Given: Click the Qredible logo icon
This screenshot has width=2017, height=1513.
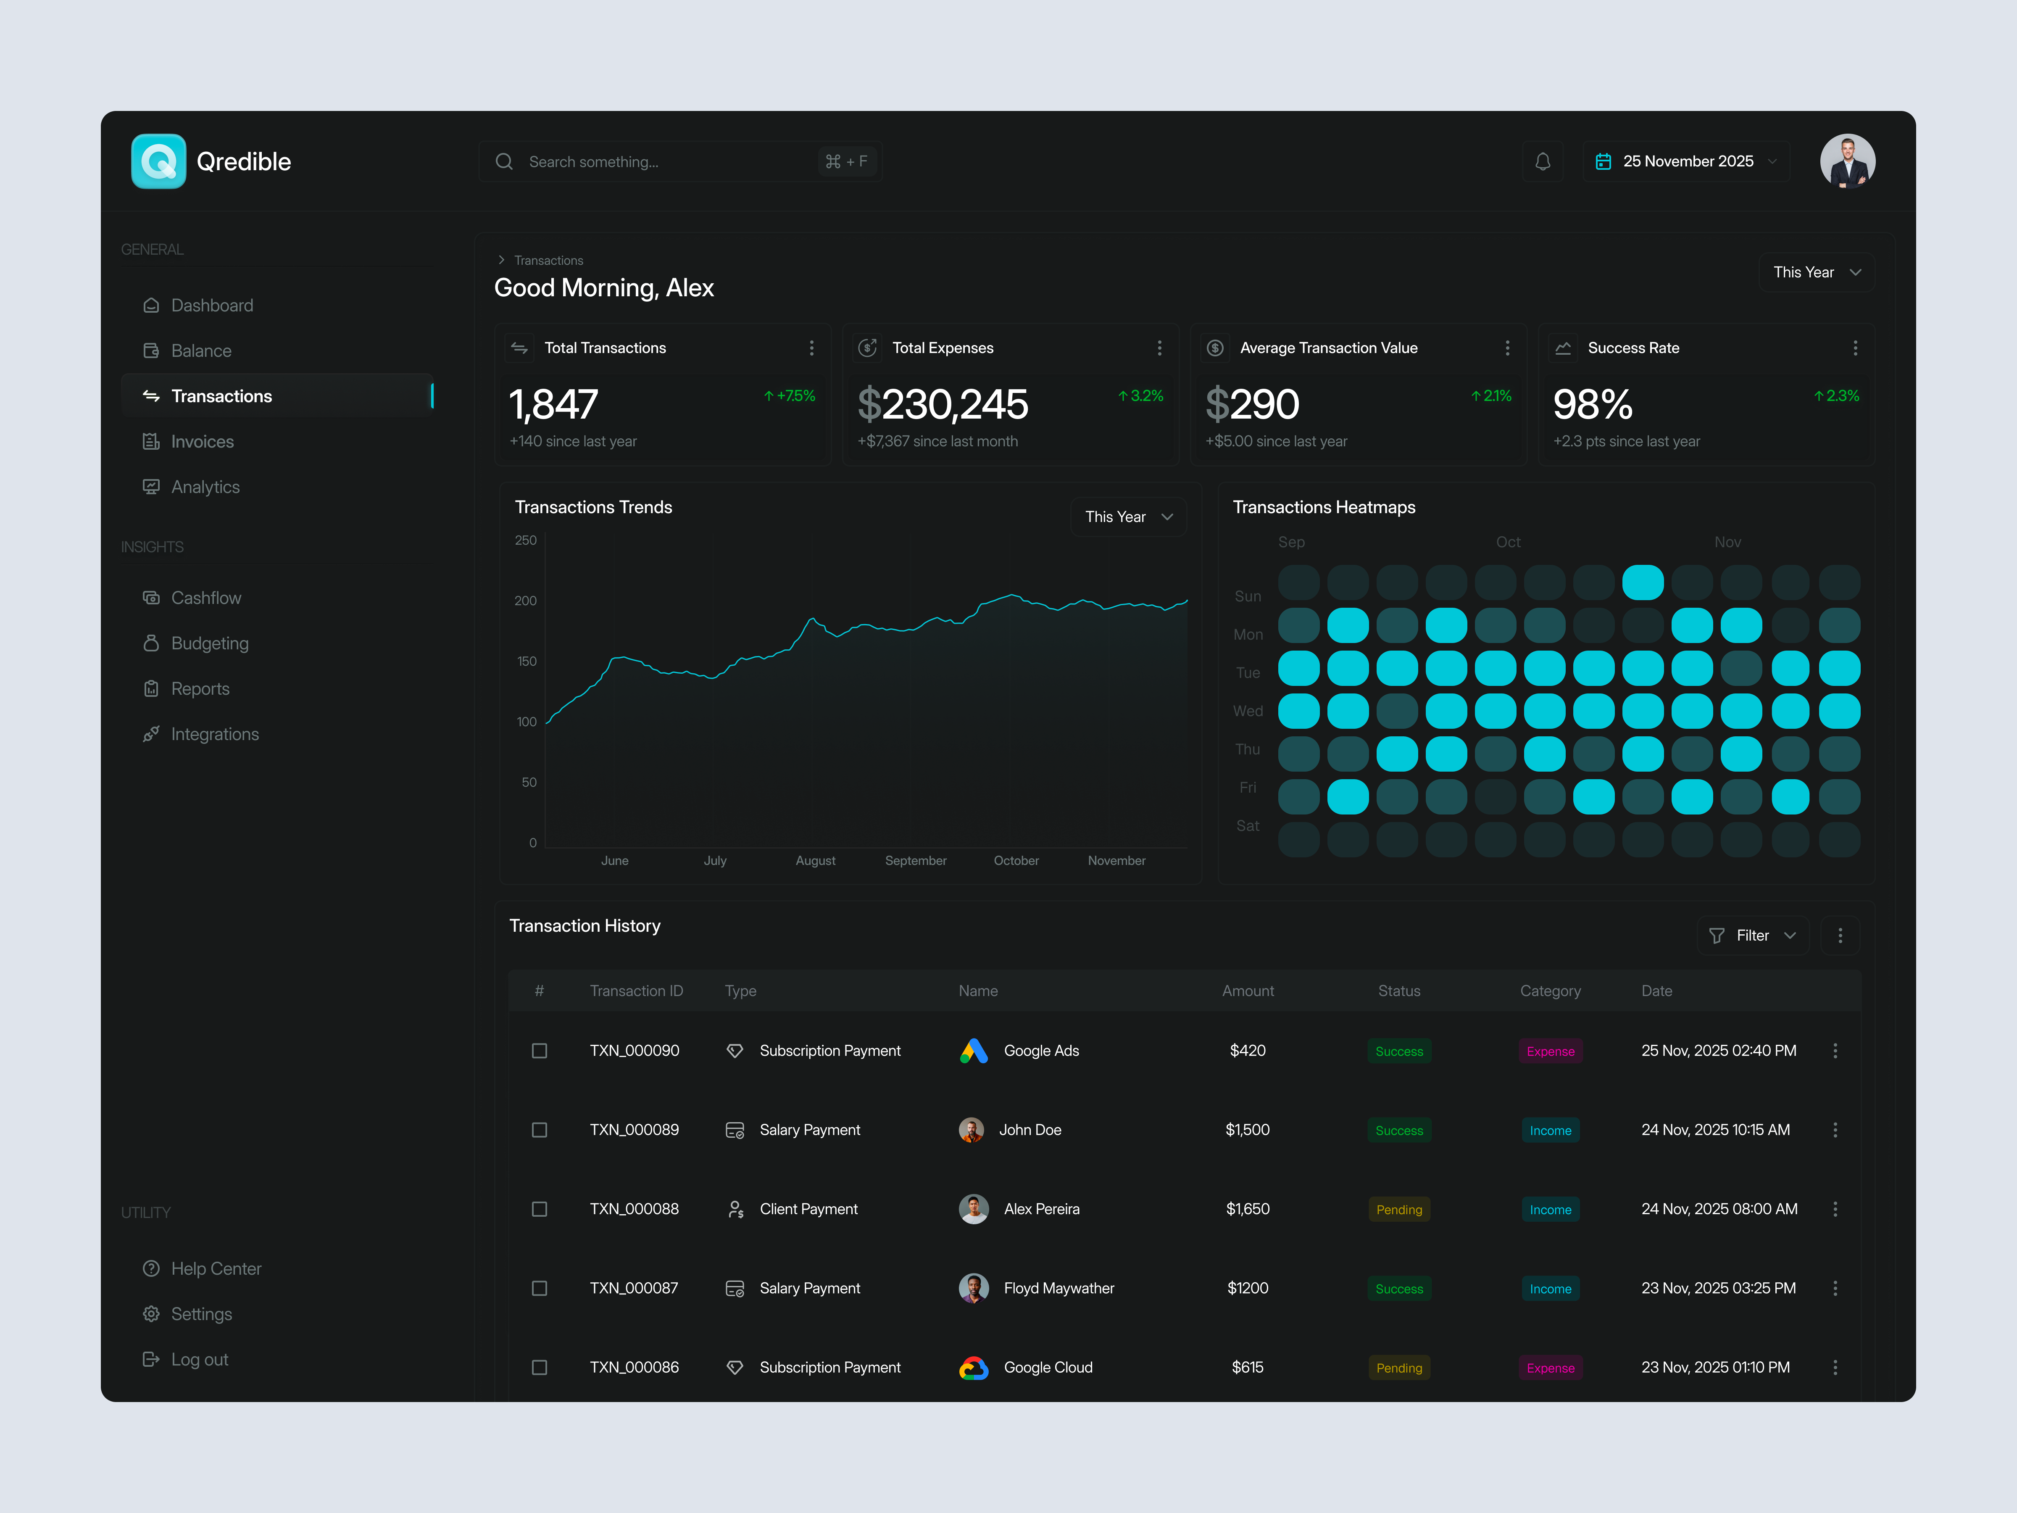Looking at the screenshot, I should coord(159,161).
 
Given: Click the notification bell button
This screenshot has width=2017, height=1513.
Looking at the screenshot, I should coord(1542,161).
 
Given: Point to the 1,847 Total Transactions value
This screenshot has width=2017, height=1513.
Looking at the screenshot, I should coord(553,404).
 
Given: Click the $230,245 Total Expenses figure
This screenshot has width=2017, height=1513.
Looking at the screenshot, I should coord(943,404).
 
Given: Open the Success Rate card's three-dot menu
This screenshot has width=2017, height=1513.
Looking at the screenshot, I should coord(1855,348).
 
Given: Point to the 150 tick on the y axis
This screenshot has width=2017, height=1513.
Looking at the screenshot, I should coord(527,661).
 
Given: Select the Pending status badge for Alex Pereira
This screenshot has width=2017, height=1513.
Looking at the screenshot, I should coord(1399,1209).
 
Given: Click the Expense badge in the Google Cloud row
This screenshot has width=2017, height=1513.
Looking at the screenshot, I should coord(1550,1368).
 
